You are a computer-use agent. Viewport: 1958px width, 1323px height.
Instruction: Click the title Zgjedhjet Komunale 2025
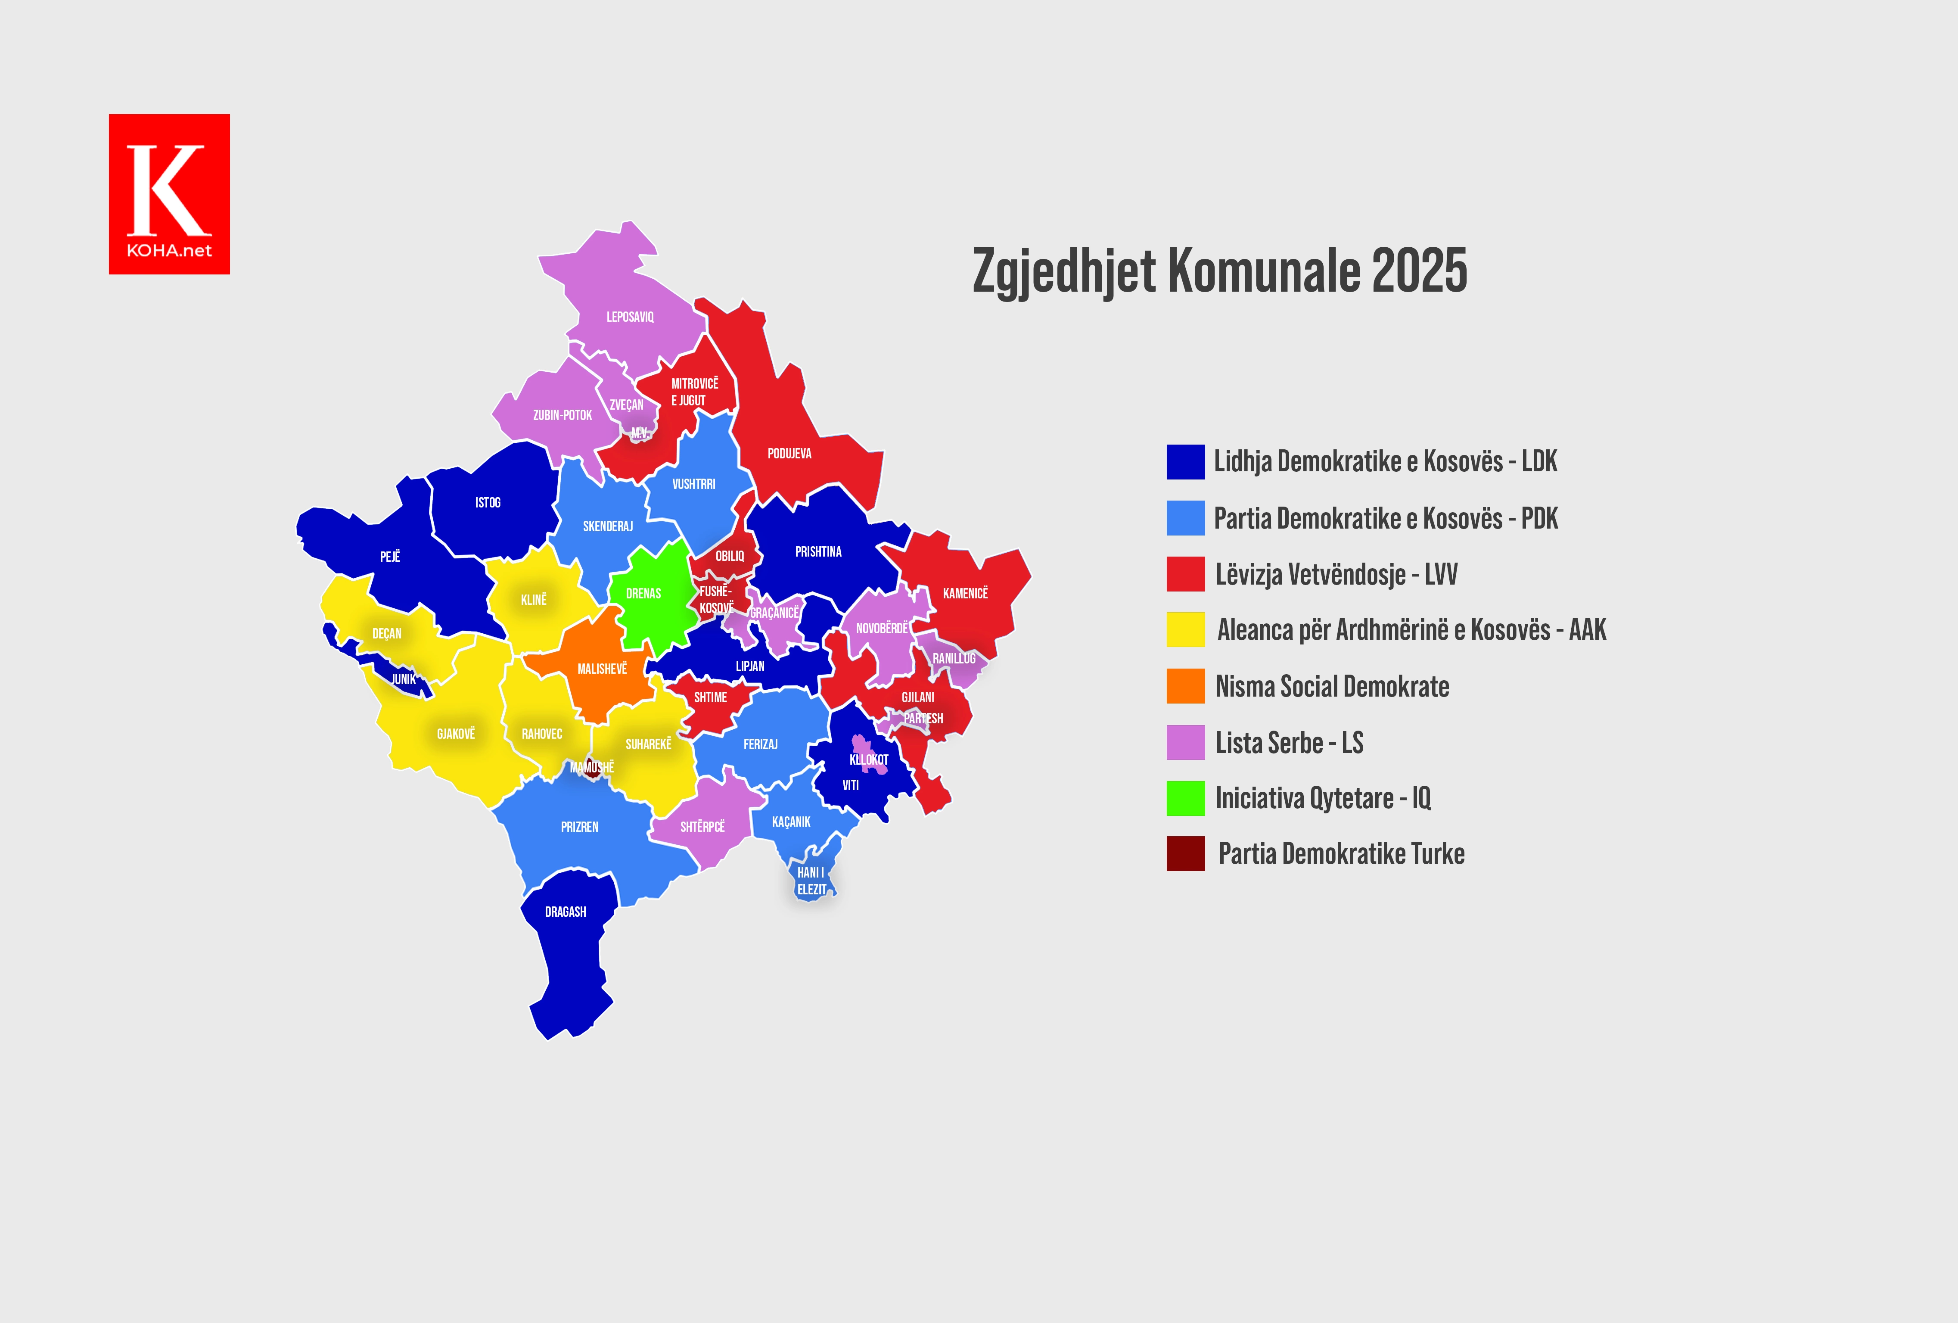click(1219, 271)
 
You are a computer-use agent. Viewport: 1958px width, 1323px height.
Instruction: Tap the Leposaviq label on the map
click(629, 317)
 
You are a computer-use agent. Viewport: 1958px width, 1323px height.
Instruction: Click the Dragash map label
click(566, 912)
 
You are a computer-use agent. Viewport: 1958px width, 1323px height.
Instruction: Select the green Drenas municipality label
click(643, 593)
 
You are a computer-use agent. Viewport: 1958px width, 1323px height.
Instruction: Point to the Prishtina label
click(818, 552)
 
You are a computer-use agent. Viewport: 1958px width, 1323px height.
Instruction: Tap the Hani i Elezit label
click(811, 881)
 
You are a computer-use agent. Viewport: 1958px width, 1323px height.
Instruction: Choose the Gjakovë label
click(456, 734)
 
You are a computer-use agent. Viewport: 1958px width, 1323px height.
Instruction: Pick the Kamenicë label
click(965, 593)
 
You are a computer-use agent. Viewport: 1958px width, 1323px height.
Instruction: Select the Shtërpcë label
click(702, 827)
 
